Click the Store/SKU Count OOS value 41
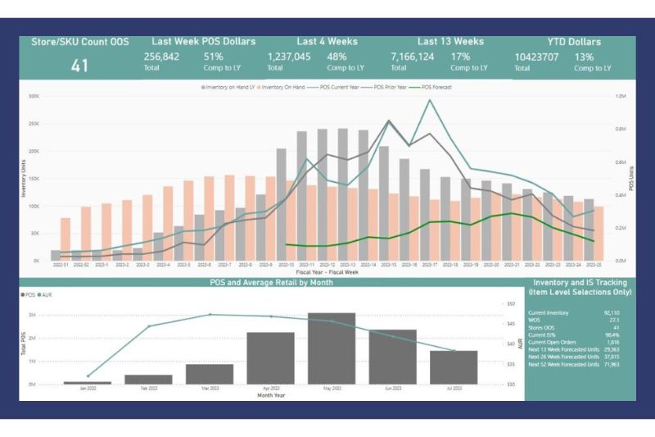tap(79, 65)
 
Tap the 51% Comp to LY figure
tap(213, 57)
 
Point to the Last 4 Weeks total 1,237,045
tap(289, 57)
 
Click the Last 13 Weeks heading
tap(450, 41)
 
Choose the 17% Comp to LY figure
tap(459, 57)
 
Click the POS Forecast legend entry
tap(435, 87)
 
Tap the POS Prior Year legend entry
tap(387, 87)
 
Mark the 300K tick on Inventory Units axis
tap(34, 97)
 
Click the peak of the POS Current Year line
tap(430, 100)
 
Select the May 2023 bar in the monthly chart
tap(332, 348)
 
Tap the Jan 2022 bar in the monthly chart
tap(88, 383)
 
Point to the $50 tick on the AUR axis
tap(511, 303)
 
